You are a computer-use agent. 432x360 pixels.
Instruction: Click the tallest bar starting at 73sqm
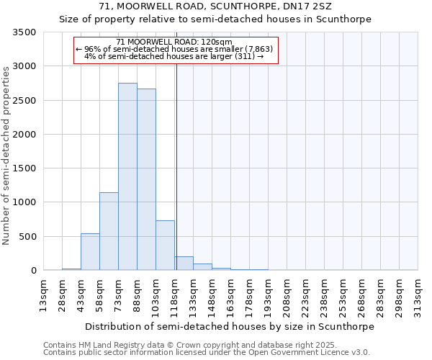[127, 176]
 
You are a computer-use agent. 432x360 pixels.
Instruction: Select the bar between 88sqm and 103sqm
[146, 179]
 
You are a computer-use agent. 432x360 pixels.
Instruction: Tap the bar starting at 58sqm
[109, 231]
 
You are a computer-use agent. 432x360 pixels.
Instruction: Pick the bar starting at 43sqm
[90, 252]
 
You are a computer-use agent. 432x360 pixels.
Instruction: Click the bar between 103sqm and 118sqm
[165, 246]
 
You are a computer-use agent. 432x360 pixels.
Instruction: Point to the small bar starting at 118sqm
[184, 264]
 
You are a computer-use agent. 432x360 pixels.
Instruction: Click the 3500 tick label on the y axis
[24, 32]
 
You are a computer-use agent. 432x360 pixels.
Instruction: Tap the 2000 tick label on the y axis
[24, 135]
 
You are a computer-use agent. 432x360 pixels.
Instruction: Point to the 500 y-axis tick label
[27, 237]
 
